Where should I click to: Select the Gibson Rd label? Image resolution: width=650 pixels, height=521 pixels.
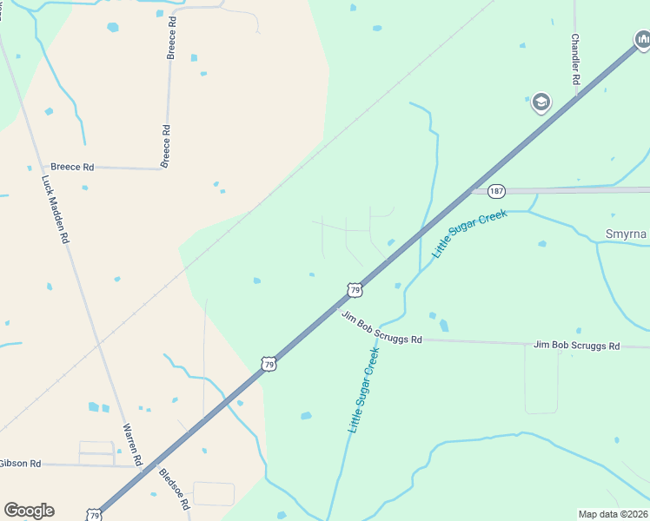[x=20, y=464]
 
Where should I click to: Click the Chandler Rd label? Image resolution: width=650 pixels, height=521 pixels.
[x=575, y=59]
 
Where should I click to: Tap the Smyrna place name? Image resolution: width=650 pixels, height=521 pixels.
[x=626, y=234]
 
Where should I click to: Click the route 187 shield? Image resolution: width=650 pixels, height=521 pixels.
[x=496, y=190]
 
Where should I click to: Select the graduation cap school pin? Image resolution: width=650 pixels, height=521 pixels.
[x=541, y=102]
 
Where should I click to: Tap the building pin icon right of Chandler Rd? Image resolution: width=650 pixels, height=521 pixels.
[x=641, y=38]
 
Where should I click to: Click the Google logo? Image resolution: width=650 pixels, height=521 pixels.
[x=29, y=510]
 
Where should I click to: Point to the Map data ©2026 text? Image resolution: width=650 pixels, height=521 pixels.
[x=613, y=514]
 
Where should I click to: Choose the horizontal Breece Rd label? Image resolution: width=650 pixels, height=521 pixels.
[x=72, y=167]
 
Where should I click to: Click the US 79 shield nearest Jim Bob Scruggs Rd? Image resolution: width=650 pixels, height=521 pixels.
[x=353, y=290]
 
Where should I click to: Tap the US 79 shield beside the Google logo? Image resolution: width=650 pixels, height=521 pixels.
[x=94, y=514]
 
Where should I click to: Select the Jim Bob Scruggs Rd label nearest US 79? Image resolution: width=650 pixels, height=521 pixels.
[x=381, y=327]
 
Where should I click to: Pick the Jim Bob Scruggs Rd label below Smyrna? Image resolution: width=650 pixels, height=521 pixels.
[x=576, y=346]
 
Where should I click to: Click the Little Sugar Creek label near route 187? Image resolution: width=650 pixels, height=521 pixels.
[x=469, y=233]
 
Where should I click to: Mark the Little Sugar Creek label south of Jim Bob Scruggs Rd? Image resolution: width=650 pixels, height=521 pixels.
[x=364, y=390]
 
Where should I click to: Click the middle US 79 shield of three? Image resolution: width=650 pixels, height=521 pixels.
[x=269, y=365]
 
